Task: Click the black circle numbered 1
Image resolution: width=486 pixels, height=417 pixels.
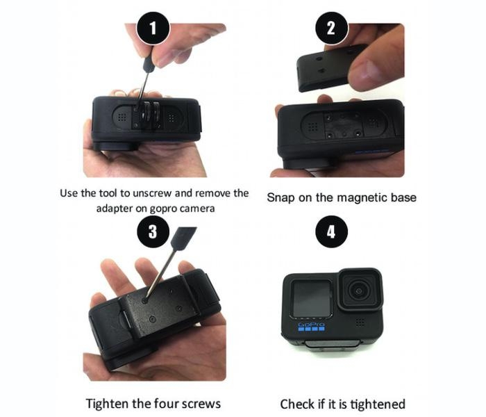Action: [153, 28]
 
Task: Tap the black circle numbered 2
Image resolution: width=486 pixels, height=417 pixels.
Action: [332, 28]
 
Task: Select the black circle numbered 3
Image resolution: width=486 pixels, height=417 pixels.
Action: [153, 231]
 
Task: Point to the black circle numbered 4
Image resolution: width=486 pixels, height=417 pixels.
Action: [332, 231]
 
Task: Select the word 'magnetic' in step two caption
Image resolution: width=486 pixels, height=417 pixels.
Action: [351, 197]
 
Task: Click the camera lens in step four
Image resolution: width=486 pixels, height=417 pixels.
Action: [359, 291]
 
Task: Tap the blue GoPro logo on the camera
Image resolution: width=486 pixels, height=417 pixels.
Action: [311, 327]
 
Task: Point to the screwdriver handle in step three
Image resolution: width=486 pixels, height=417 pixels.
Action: [183, 238]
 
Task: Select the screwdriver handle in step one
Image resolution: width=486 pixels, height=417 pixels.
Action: [149, 63]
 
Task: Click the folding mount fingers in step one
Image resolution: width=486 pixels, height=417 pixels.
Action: [150, 114]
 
